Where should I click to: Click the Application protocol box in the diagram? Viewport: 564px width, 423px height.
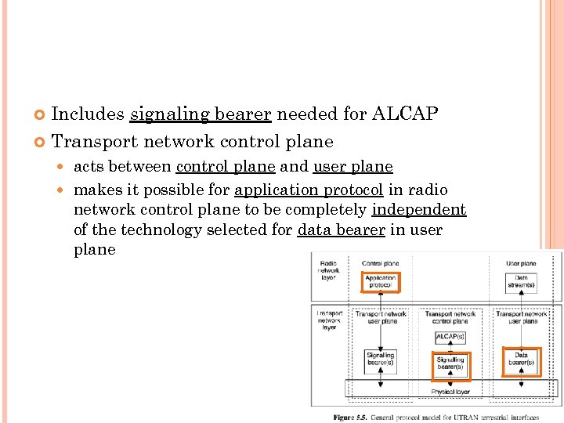(381, 282)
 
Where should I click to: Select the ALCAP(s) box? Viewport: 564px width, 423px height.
(450, 338)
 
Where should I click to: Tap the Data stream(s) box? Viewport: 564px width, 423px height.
(521, 282)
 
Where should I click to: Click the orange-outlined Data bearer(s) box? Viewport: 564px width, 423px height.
(521, 359)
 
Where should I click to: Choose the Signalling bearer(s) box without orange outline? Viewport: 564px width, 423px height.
(381, 360)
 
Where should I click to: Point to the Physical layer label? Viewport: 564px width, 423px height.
(450, 392)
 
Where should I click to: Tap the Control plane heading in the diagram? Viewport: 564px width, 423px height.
(380, 263)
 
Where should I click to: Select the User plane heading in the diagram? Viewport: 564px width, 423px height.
(521, 263)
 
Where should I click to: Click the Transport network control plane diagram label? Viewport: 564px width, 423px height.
(450, 316)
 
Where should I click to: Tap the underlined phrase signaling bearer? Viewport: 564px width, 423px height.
(201, 114)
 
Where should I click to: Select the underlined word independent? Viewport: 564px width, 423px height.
(419, 210)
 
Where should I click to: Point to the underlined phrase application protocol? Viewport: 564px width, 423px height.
(309, 190)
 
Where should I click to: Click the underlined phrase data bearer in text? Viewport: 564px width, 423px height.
(342, 230)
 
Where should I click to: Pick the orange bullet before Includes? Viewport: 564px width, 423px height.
(41, 115)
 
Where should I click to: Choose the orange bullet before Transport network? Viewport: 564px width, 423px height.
(41, 143)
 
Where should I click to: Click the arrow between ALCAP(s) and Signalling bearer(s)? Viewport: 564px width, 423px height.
(450, 349)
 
